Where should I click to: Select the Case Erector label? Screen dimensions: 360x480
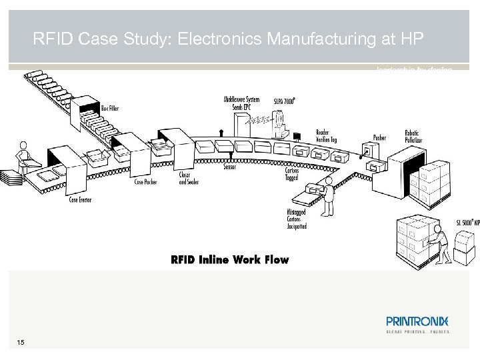pos(80,199)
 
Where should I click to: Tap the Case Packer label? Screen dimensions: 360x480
pos(146,181)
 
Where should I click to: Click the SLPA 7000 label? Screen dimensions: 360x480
pos(284,101)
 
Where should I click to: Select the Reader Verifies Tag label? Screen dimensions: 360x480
pos(327,135)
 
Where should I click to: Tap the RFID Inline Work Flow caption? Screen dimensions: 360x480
pos(230,259)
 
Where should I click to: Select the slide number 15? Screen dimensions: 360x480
pos(21,343)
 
